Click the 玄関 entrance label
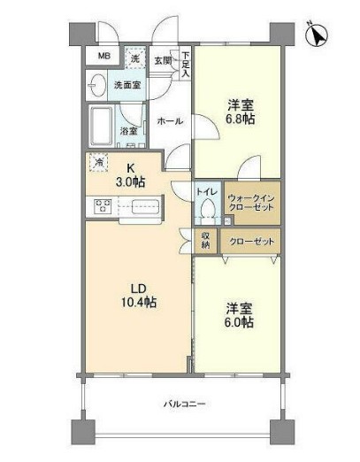coord(163,60)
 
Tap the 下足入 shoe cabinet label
coord(186,63)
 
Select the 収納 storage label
coord(205,241)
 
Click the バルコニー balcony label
coord(184,404)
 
